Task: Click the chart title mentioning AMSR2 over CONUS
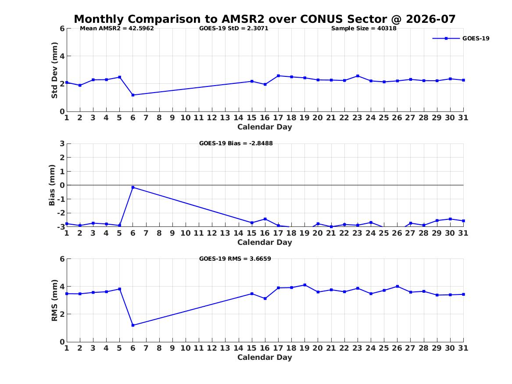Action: (x=265, y=19)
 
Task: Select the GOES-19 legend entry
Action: (x=461, y=38)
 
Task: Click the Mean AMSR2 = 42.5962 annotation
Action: (x=117, y=29)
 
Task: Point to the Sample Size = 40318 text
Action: (x=364, y=29)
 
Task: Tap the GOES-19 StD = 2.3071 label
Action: (x=234, y=29)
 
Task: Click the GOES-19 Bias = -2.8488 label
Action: (x=236, y=144)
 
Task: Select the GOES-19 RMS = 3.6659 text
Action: (x=235, y=258)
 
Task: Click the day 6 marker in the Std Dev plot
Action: (x=133, y=95)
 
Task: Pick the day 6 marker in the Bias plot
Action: (x=133, y=187)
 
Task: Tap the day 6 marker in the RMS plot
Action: (x=133, y=325)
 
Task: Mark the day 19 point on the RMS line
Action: (x=304, y=285)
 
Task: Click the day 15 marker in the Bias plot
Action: (x=252, y=223)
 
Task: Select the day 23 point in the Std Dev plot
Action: (x=358, y=76)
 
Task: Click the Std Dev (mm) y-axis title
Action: (x=54, y=70)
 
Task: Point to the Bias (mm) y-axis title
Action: (x=52, y=185)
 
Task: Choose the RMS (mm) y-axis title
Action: (x=54, y=301)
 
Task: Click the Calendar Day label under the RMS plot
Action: (x=265, y=358)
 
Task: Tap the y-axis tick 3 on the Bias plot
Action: (x=62, y=144)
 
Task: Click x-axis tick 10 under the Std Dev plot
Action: (x=186, y=118)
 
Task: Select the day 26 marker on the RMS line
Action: (x=397, y=287)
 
